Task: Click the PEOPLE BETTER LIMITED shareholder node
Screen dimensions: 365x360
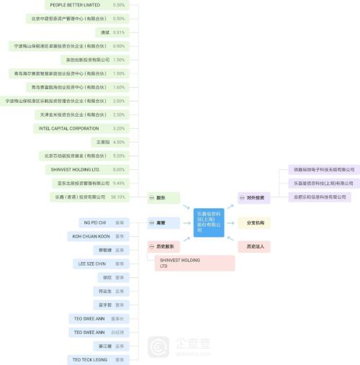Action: click(75, 5)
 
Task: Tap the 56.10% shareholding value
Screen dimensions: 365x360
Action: click(118, 197)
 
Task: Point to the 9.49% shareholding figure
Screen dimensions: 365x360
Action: click(119, 183)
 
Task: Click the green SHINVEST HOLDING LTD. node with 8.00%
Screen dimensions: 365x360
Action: click(75, 169)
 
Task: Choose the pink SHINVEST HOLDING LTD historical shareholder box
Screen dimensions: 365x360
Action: click(194, 263)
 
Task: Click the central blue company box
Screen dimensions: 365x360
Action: click(209, 220)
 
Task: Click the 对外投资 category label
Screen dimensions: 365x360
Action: click(254, 197)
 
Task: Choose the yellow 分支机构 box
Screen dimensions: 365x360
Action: click(254, 223)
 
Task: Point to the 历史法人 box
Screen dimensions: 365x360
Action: click(254, 246)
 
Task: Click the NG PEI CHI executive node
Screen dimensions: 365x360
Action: click(95, 222)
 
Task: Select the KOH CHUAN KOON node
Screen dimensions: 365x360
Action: click(91, 236)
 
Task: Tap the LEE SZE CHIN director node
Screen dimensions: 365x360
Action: click(91, 263)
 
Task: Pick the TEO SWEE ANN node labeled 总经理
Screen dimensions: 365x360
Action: click(89, 332)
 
